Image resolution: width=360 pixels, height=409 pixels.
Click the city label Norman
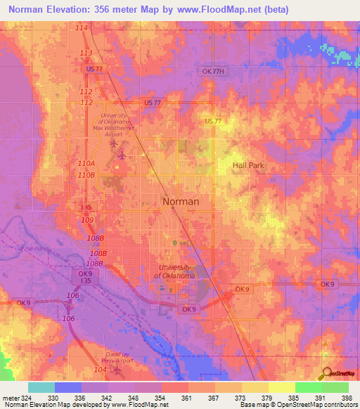(x=181, y=201)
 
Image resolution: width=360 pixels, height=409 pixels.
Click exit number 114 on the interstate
(x=82, y=27)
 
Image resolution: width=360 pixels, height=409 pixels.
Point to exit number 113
(x=86, y=53)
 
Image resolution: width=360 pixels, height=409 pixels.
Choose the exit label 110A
(x=86, y=163)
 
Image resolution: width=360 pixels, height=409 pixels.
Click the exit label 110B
(x=86, y=174)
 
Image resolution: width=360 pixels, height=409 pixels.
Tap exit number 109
(x=86, y=220)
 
